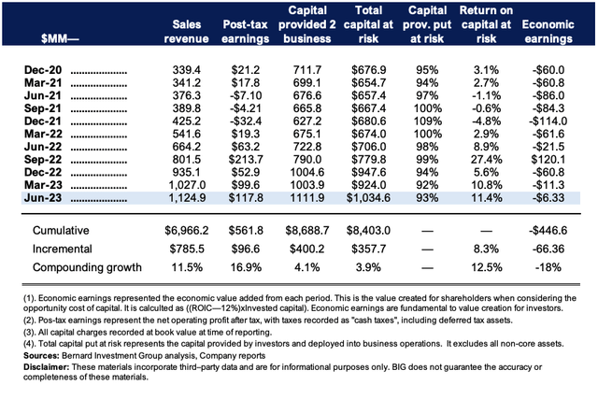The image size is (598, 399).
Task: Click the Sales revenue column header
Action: coord(186,31)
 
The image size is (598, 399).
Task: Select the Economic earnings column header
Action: coord(548,31)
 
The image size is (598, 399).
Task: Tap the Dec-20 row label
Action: coord(43,70)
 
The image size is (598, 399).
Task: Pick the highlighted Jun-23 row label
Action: coord(43,197)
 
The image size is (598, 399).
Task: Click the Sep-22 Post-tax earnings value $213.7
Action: coord(246,160)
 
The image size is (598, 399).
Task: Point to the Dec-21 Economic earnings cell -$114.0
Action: coord(548,121)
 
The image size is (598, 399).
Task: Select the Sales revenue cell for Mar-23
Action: coord(187,185)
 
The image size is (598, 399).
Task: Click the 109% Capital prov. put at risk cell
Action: coord(428,121)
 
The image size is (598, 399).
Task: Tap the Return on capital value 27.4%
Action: coord(486,160)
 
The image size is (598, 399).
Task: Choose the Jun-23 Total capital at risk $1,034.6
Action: coord(368,197)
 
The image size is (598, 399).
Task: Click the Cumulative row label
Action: coord(61,231)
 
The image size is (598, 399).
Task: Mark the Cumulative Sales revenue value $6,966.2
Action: coord(187,231)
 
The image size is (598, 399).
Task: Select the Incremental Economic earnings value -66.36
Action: coord(548,249)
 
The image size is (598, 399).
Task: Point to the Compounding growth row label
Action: coord(87,267)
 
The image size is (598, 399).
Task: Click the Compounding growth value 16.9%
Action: coord(246,267)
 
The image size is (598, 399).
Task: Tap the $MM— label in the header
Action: coord(60,39)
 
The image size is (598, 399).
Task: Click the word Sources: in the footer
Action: coord(41,356)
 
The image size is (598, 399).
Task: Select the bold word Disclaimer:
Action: coord(46,367)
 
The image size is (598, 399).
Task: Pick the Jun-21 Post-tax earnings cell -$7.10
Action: coord(246,95)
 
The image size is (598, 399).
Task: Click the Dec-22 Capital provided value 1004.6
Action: coord(307,172)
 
